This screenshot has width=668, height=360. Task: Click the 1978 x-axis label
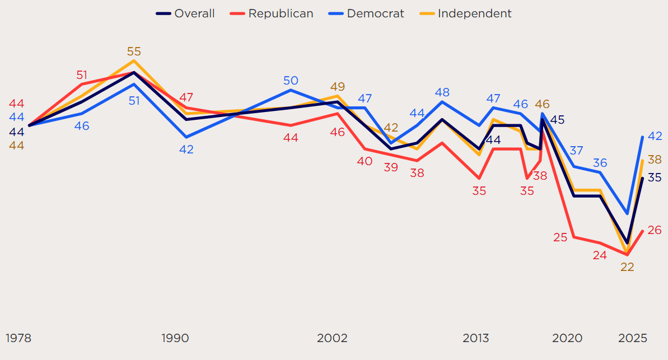point(18,338)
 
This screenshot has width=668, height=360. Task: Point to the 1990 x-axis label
point(175,338)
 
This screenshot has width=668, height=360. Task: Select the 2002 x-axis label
point(332,338)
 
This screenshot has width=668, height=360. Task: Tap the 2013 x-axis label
point(475,338)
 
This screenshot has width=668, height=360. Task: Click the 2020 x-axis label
point(567,338)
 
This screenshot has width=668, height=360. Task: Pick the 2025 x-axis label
point(633,338)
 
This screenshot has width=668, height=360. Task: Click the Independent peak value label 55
point(134,52)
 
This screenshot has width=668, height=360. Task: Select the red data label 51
point(82,75)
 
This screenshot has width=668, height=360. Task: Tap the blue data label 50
point(291,81)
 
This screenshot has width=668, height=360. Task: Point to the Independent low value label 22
point(627,267)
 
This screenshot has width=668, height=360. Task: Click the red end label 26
point(655,230)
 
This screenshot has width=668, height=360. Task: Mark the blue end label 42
point(655,136)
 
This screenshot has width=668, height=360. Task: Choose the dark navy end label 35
point(655,177)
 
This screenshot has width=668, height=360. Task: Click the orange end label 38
point(655,160)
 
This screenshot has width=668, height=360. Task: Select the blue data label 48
point(442,92)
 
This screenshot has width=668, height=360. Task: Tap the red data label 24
point(600,255)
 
